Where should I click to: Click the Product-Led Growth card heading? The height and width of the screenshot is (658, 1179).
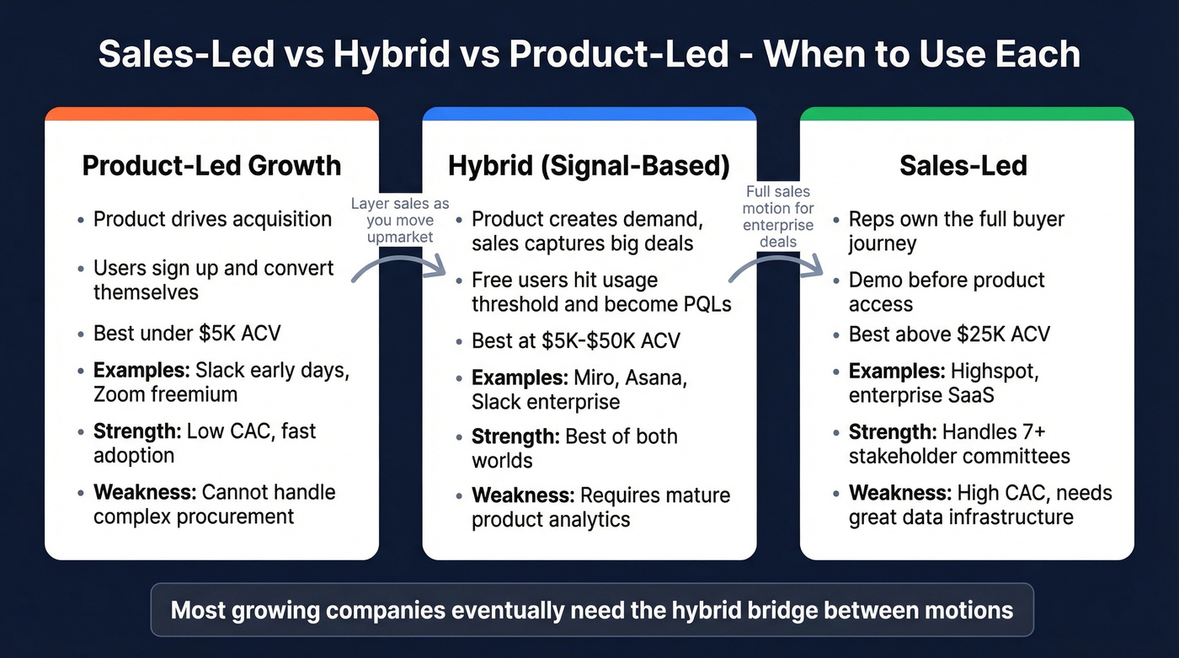(211, 165)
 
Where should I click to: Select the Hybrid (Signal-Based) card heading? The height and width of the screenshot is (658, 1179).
(589, 165)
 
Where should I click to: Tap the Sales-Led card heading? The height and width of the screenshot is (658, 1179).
(963, 165)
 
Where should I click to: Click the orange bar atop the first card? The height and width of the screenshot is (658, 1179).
(211, 114)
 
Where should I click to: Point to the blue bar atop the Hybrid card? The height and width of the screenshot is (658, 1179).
(589, 114)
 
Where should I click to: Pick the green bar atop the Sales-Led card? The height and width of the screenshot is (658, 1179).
(966, 114)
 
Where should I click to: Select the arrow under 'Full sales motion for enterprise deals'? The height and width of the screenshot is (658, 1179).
(776, 261)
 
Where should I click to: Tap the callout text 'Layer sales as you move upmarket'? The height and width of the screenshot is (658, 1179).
(400, 220)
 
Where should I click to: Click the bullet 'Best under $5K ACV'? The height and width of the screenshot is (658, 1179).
(187, 333)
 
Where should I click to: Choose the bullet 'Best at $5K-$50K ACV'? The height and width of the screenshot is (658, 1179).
(575, 341)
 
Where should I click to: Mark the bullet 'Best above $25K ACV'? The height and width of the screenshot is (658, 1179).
(949, 334)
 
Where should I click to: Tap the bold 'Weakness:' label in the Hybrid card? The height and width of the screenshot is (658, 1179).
(522, 495)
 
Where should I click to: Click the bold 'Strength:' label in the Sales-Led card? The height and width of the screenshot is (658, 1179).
(892, 432)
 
